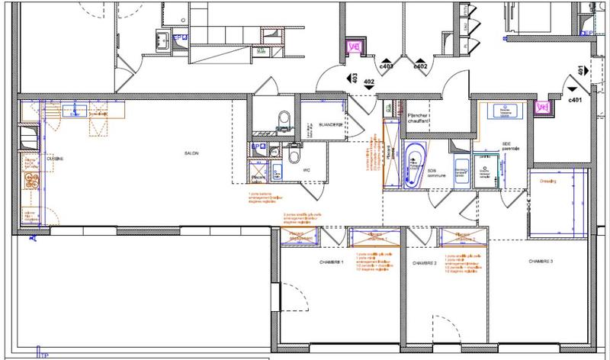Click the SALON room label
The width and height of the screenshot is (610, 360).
tap(191, 153)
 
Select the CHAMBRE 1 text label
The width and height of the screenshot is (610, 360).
tap(332, 262)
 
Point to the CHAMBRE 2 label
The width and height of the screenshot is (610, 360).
tap(424, 262)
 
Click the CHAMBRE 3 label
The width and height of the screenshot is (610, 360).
tap(540, 261)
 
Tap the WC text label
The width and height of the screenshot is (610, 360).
tap(307, 170)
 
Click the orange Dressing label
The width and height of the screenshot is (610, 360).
tap(548, 182)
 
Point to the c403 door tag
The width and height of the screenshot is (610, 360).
tap(387, 67)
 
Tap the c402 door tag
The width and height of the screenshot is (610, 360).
tap(419, 67)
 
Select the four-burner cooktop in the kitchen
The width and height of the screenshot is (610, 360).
tap(32, 179)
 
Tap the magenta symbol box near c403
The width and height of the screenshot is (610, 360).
tap(354, 47)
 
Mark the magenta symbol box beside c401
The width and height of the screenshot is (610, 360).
tap(542, 108)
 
